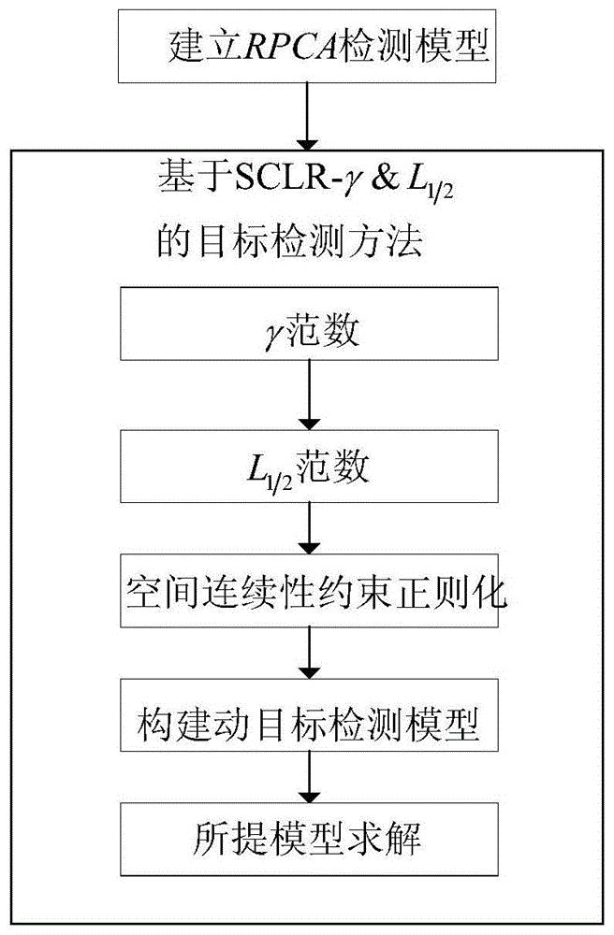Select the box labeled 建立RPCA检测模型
pos(307,46)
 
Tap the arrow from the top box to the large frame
pos(307,116)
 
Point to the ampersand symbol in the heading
pos(383,178)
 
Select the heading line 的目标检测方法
pos(290,240)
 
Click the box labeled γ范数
pos(309,324)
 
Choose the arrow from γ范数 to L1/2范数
pos(309,395)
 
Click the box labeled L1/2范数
pos(309,467)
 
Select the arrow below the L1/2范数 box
pos(309,528)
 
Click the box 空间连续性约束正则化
pos(309,590)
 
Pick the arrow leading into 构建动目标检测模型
pos(309,653)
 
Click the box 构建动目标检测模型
pos(309,715)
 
